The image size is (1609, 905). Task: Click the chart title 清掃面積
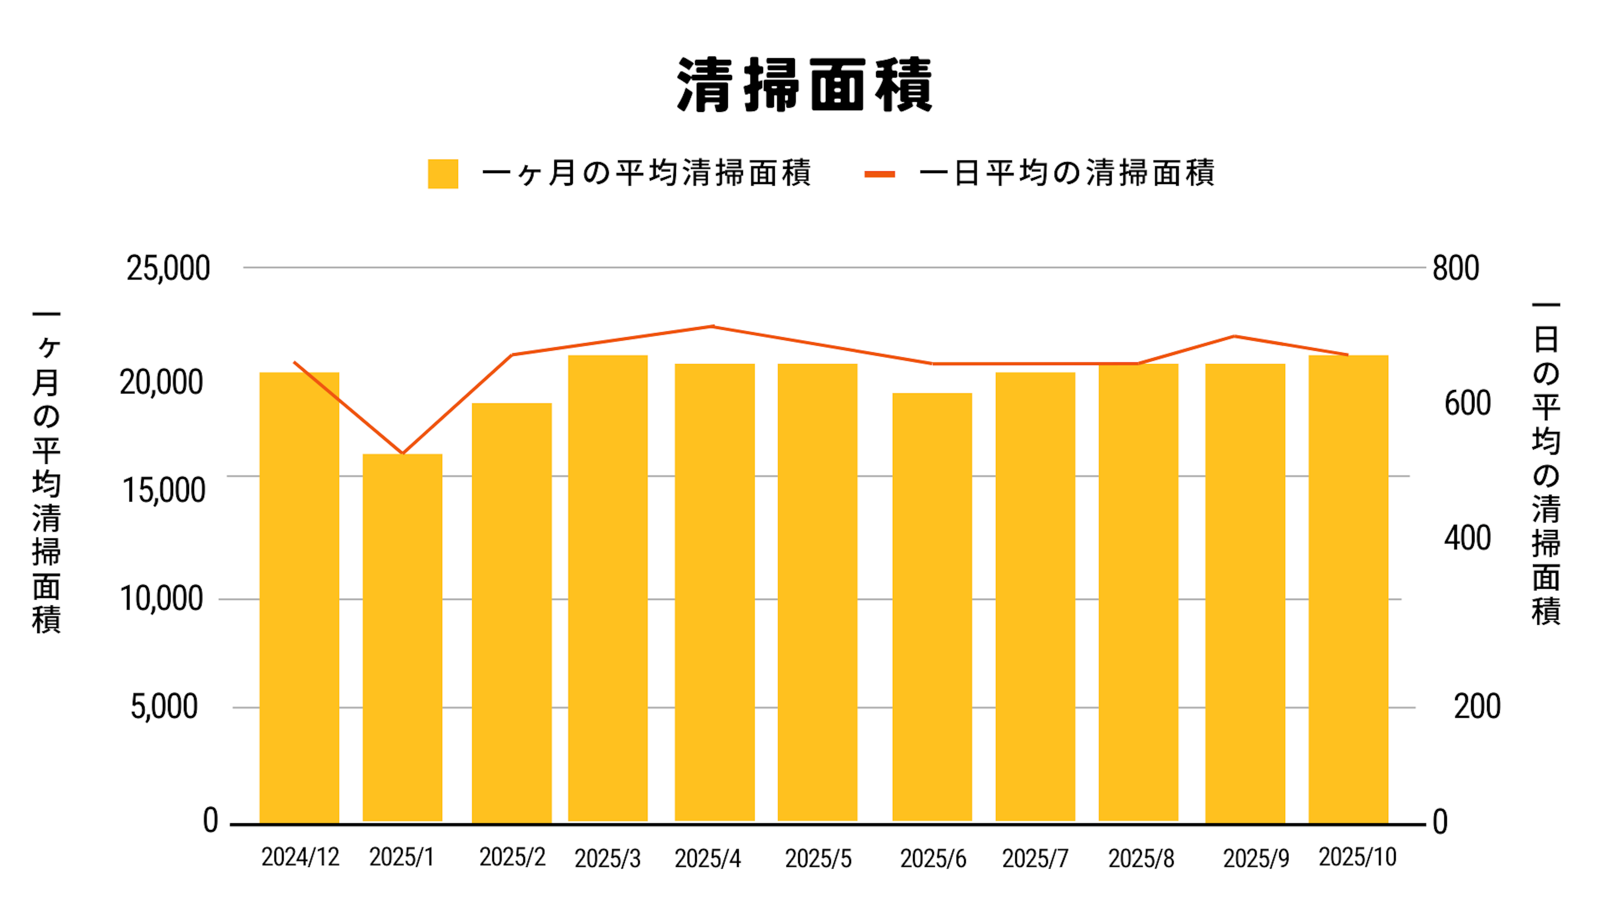pyautogui.click(x=804, y=85)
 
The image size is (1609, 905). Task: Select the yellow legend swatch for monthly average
pyautogui.click(x=443, y=173)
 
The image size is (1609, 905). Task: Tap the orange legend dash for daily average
pyautogui.click(x=880, y=174)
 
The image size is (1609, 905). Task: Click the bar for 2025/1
pyautogui.click(x=402, y=637)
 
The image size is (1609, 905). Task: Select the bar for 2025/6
pyautogui.click(x=932, y=606)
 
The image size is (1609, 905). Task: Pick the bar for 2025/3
pyautogui.click(x=608, y=587)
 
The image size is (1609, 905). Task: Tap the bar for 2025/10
pyautogui.click(x=1348, y=587)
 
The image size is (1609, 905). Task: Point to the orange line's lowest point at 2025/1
pyautogui.click(x=402, y=453)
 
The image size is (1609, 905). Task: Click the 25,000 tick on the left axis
pyautogui.click(x=168, y=269)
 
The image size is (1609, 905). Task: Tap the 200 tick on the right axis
pyautogui.click(x=1477, y=707)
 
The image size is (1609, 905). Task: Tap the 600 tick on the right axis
pyautogui.click(x=1468, y=403)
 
